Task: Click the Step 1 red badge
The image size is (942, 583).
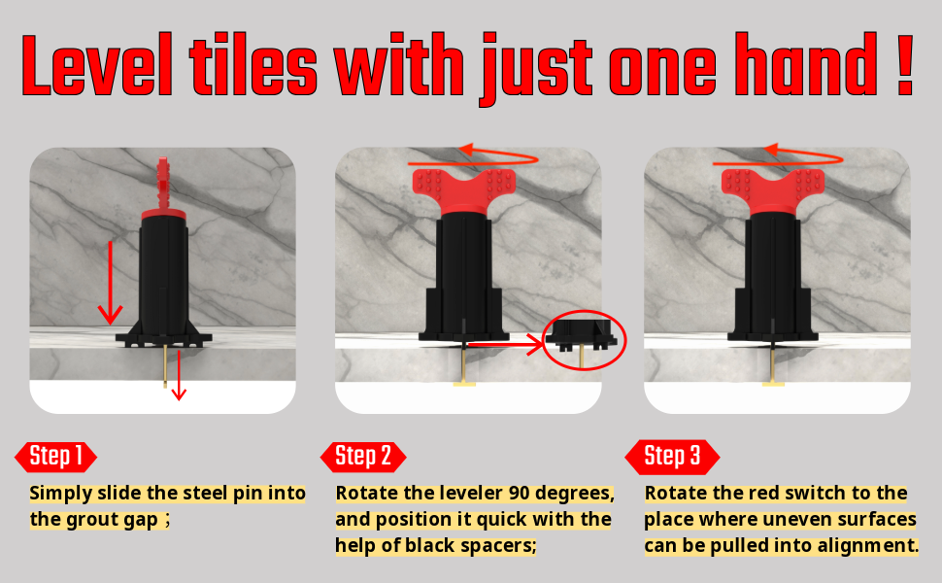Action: coord(55,456)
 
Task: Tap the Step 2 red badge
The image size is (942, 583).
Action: coord(362,456)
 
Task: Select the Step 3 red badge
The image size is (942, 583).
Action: coord(672,456)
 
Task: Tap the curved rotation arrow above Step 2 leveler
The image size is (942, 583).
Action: coord(474,154)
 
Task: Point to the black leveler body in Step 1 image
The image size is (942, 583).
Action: coord(162,277)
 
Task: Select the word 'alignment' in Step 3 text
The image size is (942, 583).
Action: coord(863,545)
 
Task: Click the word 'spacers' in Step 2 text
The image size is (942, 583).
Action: coord(497,545)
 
